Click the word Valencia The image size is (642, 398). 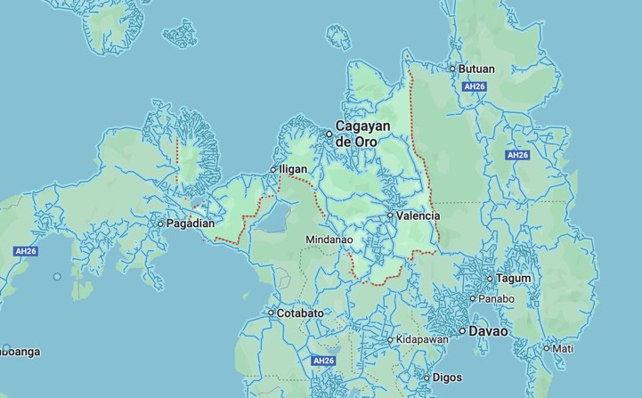click(419, 215)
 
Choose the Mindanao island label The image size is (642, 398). click(329, 240)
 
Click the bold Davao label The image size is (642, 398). click(490, 331)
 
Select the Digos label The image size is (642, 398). click(448, 378)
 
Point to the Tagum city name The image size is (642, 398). click(514, 278)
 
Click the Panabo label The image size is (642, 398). click(497, 298)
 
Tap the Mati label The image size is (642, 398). click(563, 348)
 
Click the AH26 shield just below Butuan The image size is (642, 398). click(473, 87)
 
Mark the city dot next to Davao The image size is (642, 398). click(462, 331)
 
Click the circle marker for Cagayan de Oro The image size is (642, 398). click(329, 134)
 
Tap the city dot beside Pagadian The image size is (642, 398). click(160, 223)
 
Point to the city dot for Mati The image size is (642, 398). click(546, 348)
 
